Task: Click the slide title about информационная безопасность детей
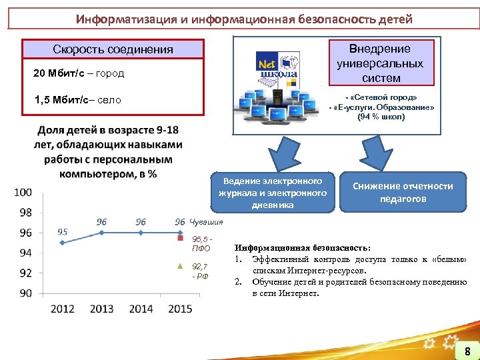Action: [244, 18]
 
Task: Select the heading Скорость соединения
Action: [113, 49]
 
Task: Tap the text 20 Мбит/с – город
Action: [79, 73]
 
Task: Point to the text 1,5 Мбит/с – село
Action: [77, 100]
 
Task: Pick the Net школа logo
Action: [271, 67]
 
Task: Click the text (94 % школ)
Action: [381, 117]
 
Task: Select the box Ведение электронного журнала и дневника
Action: [273, 193]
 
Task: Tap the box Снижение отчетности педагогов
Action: [402, 192]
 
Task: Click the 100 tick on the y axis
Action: [23, 193]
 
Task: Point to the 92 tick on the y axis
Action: [25, 273]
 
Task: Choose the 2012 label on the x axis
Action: [62, 309]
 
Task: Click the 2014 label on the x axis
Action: [141, 309]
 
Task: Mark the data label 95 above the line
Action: [62, 232]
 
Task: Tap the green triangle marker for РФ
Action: [180, 265]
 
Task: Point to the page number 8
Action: [467, 351]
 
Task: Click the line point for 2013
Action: [101, 233]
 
